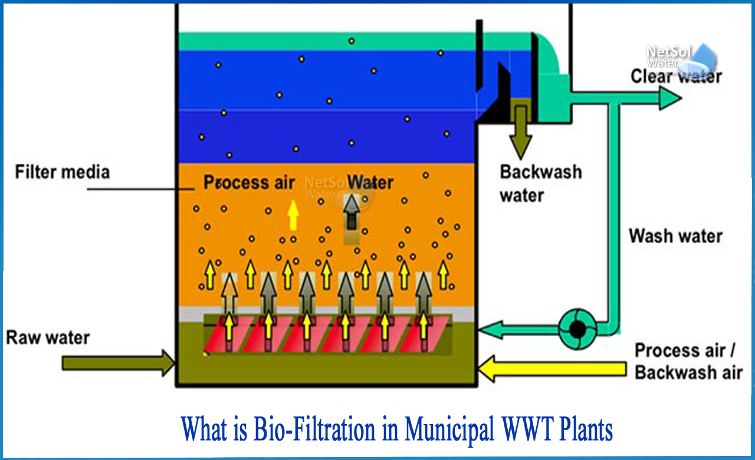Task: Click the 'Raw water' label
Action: point(48,338)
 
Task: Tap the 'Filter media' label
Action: point(63,172)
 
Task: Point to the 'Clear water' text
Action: point(676,76)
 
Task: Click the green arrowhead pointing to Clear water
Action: point(669,98)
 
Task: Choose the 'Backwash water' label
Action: point(540,183)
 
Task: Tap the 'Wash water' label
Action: point(675,236)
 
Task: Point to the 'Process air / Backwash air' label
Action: point(688,361)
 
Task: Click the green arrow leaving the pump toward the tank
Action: point(519,329)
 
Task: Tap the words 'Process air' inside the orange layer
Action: point(249,182)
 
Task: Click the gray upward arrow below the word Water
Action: point(352,216)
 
